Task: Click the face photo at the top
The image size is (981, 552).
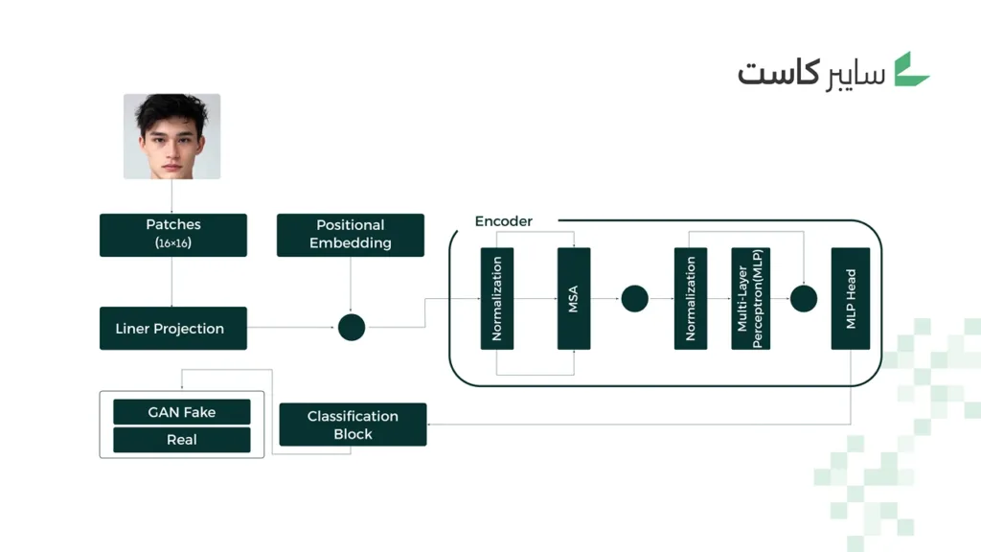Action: pos(172,136)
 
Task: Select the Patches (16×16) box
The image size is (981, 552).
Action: pos(173,235)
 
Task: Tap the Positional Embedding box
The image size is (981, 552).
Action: pos(351,235)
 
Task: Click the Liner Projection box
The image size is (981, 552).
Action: pos(173,328)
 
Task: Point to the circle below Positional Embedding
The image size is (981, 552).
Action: pos(352,327)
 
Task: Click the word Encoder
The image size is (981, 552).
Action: pos(503,221)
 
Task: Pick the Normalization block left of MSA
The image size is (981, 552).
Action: pos(497,298)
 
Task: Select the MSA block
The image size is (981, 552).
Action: pos(574,298)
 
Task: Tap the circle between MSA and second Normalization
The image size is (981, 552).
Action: pos(634,298)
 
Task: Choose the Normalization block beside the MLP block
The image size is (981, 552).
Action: pos(691,298)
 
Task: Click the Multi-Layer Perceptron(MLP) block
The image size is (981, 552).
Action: pos(750,298)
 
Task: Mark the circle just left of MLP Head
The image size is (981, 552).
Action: pos(804,298)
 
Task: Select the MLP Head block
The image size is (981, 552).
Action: pos(851,298)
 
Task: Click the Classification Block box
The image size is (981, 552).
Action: pos(353,425)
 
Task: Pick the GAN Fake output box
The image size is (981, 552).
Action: pos(182,412)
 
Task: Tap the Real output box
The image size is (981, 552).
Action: pos(182,440)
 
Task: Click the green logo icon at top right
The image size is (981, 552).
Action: pos(912,70)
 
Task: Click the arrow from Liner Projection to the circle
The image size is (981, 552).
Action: pos(292,328)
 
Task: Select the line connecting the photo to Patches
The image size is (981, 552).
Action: pos(172,196)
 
